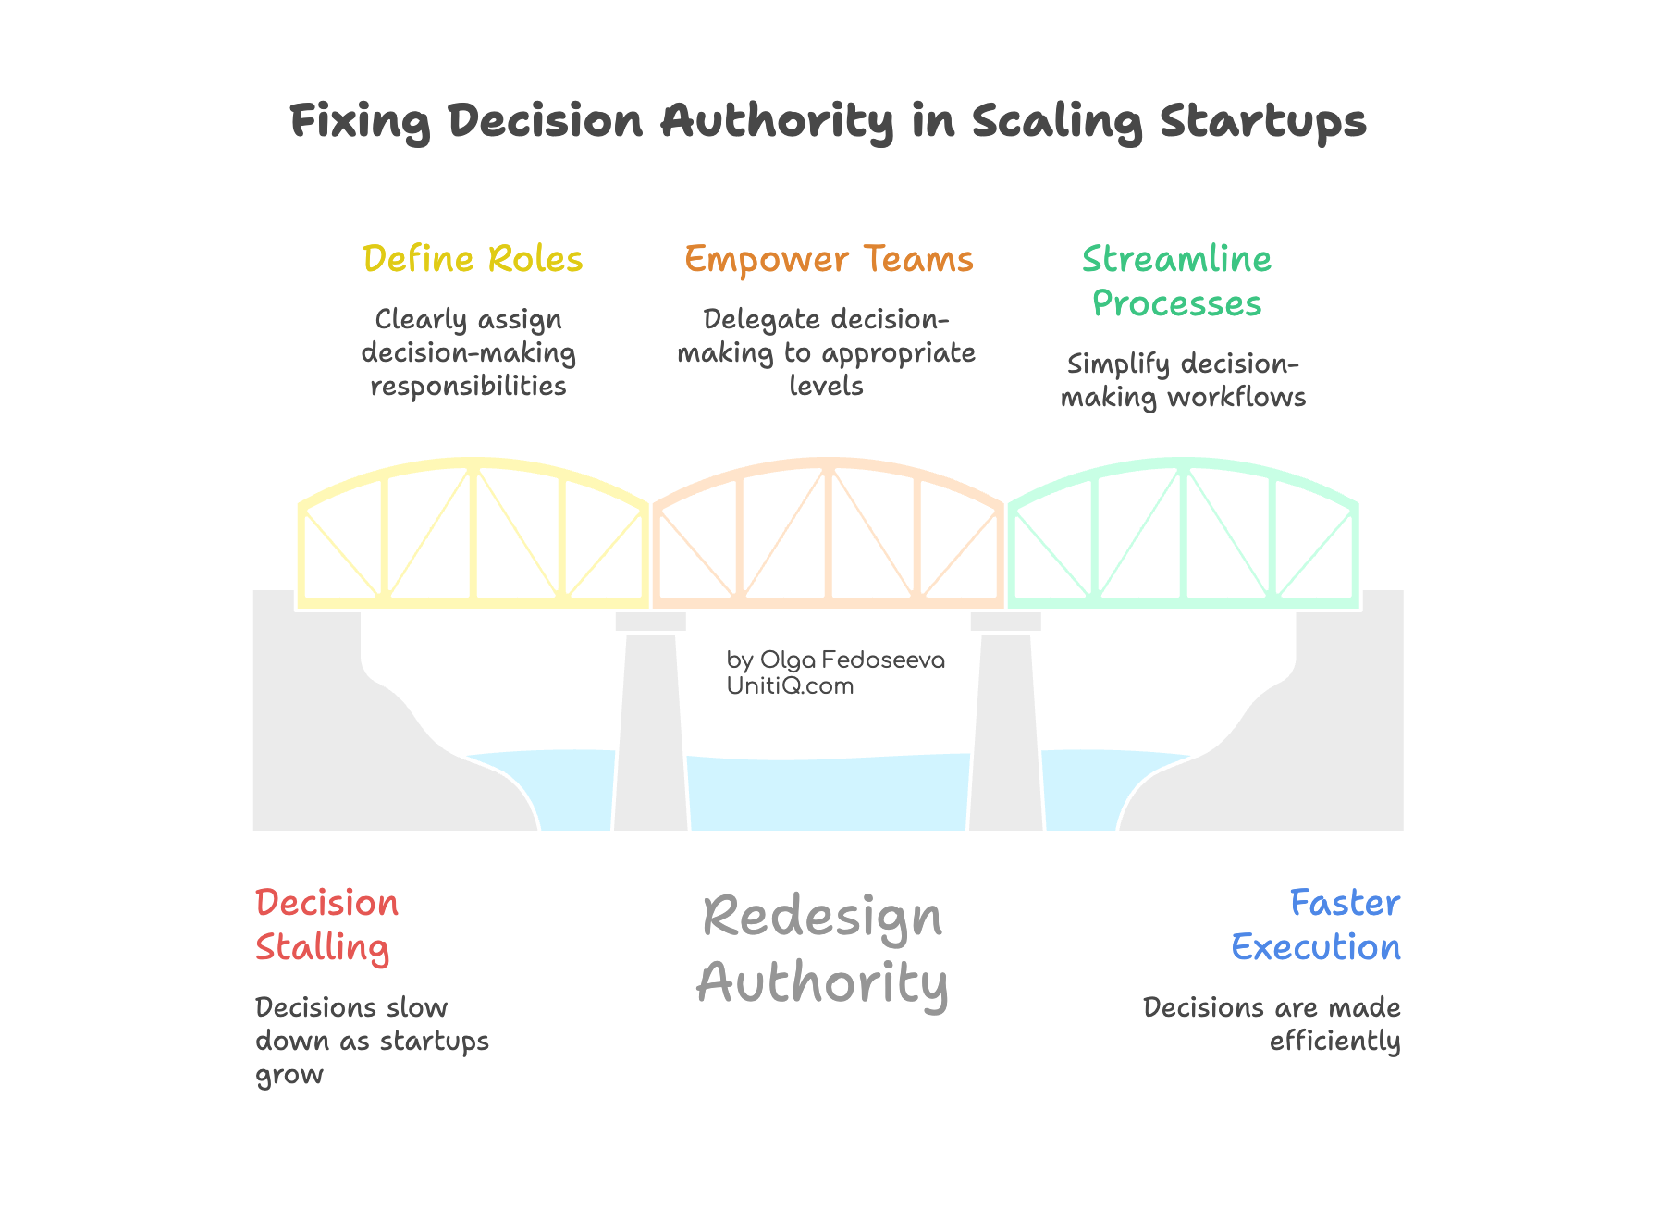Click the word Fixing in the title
[x=360, y=121]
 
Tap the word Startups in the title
[x=1262, y=121]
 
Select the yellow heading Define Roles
[x=473, y=259]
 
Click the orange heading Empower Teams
[x=829, y=259]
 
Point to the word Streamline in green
[x=1176, y=259]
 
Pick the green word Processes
[x=1176, y=303]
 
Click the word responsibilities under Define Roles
[x=468, y=386]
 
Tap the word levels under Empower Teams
[x=826, y=386]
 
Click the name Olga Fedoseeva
[x=852, y=660]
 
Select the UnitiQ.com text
[x=790, y=685]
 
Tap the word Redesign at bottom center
[x=822, y=918]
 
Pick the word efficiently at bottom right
[x=1334, y=1041]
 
